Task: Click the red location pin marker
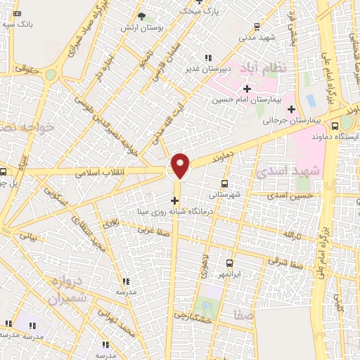(181, 165)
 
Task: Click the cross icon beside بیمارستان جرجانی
(291, 109)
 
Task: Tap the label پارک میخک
(200, 11)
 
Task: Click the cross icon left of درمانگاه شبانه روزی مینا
(174, 200)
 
